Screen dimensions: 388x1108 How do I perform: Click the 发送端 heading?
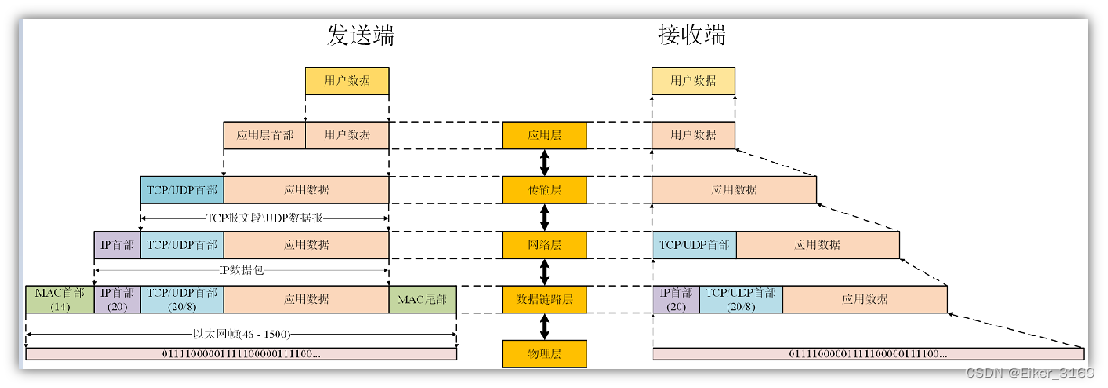pyautogui.click(x=361, y=36)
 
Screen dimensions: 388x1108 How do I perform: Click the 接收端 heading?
pyautogui.click(x=691, y=36)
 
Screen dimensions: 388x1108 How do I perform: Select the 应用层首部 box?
pyautogui.click(x=264, y=136)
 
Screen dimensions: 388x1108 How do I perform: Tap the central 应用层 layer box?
pyautogui.click(x=544, y=136)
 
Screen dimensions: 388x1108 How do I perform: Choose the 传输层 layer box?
pyautogui.click(x=544, y=190)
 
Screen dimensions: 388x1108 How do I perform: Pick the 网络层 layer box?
pyautogui.click(x=544, y=245)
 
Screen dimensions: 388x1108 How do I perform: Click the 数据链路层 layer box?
pyautogui.click(x=544, y=299)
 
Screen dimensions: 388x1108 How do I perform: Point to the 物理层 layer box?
pyautogui.click(x=544, y=354)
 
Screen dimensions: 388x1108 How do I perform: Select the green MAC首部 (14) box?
pyautogui.click(x=61, y=299)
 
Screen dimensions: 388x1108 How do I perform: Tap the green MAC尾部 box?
pyautogui.click(x=422, y=299)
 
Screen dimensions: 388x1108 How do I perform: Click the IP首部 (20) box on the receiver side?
pyautogui.click(x=675, y=299)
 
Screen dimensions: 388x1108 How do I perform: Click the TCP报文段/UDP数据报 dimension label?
pyautogui.click(x=264, y=218)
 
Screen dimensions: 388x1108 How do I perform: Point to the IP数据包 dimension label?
pyautogui.click(x=240, y=270)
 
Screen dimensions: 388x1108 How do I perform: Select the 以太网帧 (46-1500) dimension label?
pyautogui.click(x=240, y=334)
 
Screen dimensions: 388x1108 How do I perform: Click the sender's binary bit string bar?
pyautogui.click(x=241, y=354)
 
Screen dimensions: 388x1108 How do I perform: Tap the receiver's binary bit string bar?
pyautogui.click(x=867, y=354)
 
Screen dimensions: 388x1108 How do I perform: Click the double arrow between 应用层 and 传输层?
pyautogui.click(x=544, y=163)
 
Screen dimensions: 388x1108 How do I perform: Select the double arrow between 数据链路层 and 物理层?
pyautogui.click(x=544, y=326)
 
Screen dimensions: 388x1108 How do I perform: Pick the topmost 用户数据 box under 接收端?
pyautogui.click(x=693, y=81)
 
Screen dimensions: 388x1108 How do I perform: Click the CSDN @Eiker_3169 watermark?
pyautogui.click(x=1029, y=374)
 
